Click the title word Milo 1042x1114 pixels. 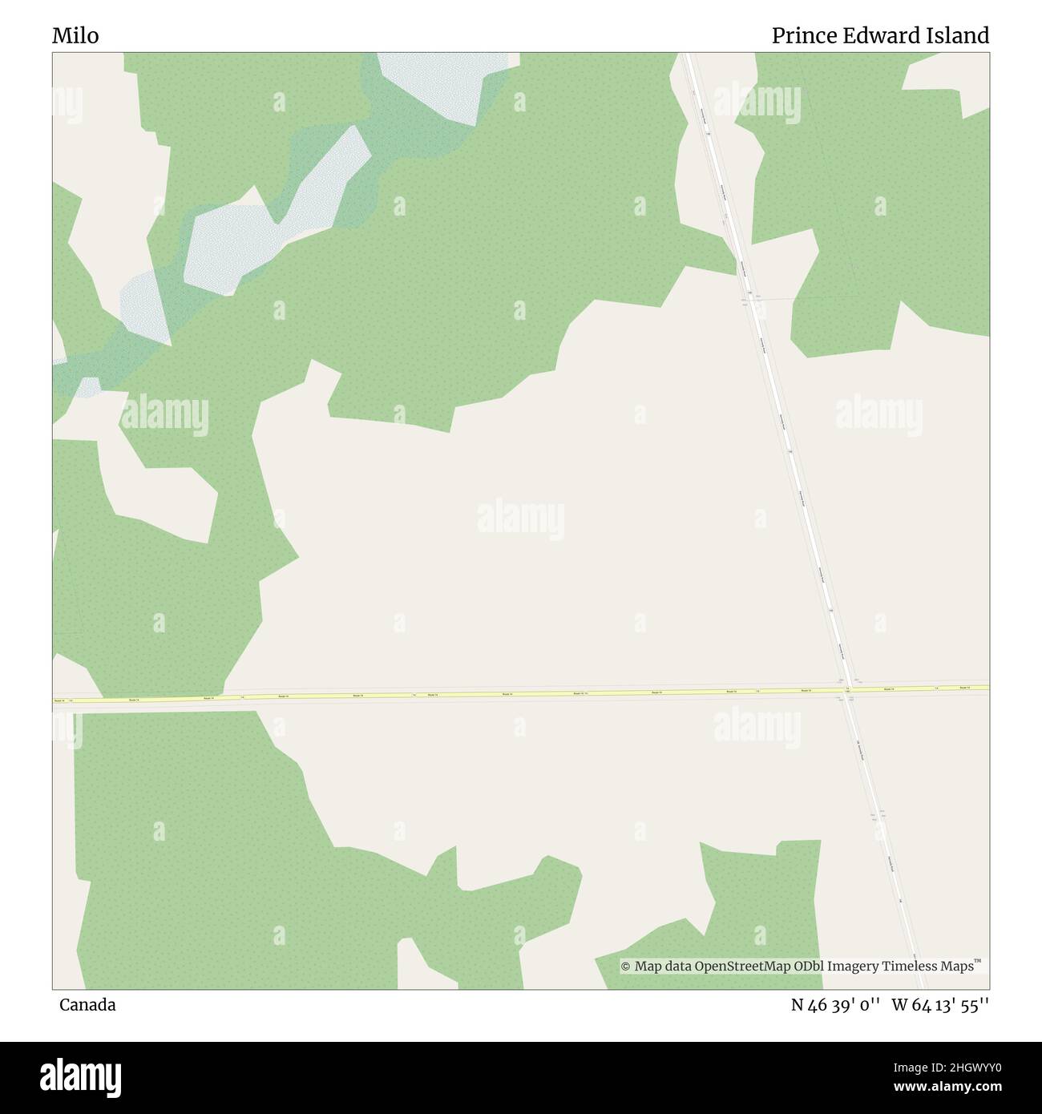click(x=75, y=36)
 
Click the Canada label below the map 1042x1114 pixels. click(x=87, y=1005)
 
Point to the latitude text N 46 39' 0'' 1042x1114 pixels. click(x=837, y=1005)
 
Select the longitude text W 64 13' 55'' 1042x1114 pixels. click(x=940, y=1005)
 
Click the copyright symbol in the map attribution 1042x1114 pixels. click(x=626, y=967)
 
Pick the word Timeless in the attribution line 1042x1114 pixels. click(x=911, y=967)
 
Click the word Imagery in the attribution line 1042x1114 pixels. click(x=853, y=967)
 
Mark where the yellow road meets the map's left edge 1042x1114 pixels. click(x=55, y=701)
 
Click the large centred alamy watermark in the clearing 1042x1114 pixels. click(x=521, y=521)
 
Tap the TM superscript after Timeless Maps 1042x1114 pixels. click(x=978, y=961)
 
